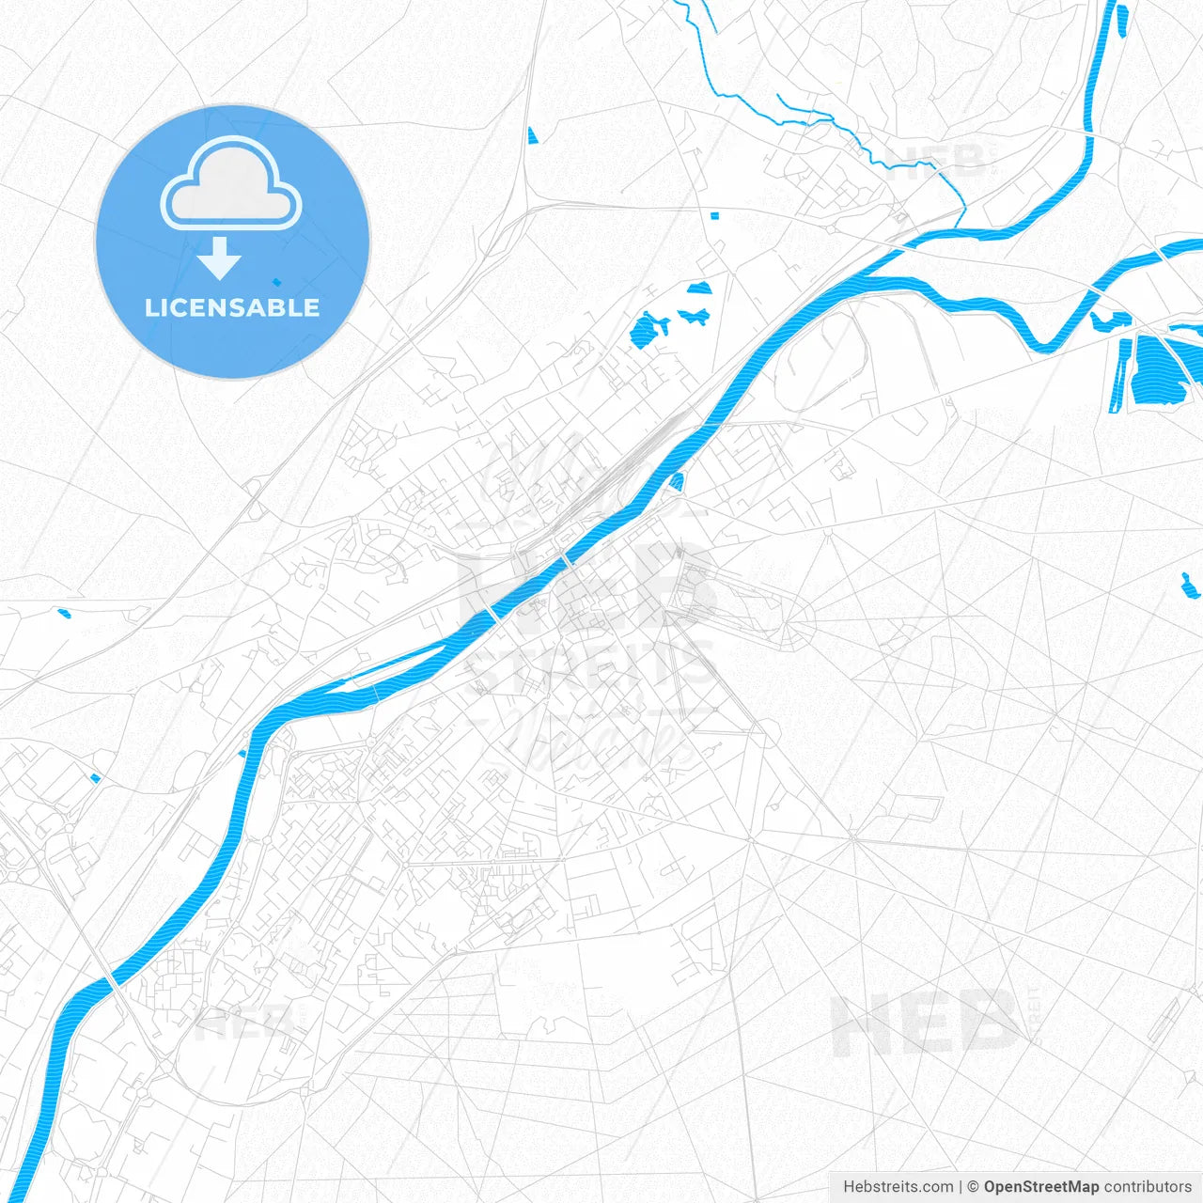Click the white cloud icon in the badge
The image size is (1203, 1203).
coord(231,186)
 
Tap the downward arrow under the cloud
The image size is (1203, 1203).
coord(219,258)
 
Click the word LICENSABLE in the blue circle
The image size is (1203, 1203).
coord(232,307)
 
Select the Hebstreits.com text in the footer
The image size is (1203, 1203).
coord(898,1187)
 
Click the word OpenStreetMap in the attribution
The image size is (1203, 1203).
coord(1040,1187)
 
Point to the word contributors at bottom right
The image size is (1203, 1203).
coord(1148,1187)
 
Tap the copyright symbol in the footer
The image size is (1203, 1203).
coord(973,1187)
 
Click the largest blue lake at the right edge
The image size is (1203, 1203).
coord(1162,370)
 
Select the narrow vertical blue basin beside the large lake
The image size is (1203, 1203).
coord(1119,375)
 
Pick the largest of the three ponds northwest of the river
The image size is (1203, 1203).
coord(647,331)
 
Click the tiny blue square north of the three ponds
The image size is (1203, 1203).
coord(714,216)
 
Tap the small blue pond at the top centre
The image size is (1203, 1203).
coord(532,136)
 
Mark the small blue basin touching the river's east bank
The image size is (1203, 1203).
coord(678,481)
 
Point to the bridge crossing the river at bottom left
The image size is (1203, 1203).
coord(111,980)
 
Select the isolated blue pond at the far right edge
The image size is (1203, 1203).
coord(1189,586)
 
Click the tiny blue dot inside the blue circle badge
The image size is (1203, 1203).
coord(276,281)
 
